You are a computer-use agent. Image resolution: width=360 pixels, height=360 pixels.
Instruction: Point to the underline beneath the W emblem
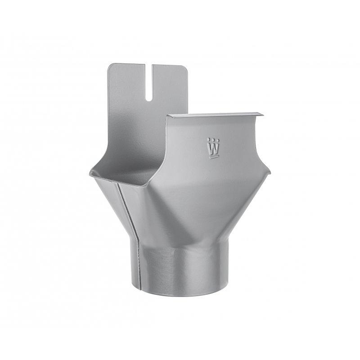212,157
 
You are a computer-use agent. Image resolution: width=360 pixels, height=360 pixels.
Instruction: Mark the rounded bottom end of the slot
148,98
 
